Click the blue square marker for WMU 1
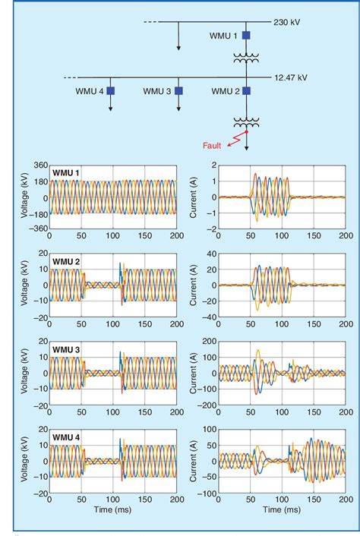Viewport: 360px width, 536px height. (246, 35)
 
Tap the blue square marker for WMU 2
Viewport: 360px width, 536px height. (246, 91)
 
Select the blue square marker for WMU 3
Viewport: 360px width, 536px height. (178, 91)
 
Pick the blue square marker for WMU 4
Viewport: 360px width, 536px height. (110, 91)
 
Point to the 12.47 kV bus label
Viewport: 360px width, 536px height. (292, 77)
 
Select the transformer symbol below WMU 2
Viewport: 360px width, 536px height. (246, 121)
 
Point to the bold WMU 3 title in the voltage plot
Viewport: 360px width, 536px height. (66, 349)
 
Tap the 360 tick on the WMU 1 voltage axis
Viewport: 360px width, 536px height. (39, 166)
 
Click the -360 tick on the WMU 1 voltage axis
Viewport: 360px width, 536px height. (36, 229)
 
